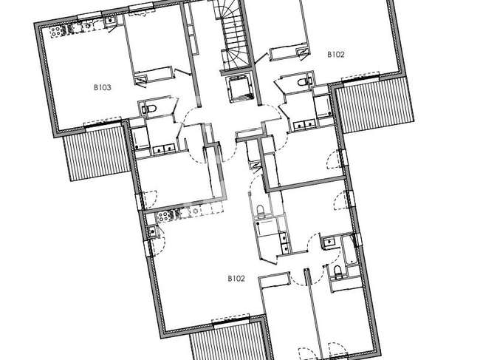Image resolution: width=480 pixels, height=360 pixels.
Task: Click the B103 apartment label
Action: (102, 88)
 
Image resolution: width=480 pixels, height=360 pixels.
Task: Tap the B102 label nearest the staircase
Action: (336, 55)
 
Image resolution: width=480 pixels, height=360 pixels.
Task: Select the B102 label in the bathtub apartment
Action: (236, 279)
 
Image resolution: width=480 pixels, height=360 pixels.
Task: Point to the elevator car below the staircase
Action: (240, 89)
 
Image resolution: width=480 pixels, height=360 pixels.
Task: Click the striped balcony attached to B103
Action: (96, 152)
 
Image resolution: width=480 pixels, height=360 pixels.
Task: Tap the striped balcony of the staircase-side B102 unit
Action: (374, 106)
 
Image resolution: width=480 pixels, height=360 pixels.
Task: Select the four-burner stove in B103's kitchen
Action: (56, 31)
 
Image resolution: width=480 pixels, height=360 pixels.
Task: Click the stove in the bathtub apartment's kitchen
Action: (163, 217)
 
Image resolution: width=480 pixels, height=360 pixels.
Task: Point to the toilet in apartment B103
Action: (149, 109)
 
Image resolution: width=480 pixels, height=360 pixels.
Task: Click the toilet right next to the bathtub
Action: (337, 272)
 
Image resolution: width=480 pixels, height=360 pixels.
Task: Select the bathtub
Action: (349, 250)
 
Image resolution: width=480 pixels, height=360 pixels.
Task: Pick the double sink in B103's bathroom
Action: (164, 149)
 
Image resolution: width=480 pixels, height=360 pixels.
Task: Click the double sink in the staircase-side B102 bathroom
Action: (304, 125)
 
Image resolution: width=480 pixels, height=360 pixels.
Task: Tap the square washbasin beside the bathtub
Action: (329, 242)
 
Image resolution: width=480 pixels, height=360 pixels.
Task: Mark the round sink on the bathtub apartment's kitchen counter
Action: (195, 211)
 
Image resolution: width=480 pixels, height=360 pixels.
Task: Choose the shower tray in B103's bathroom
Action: (140, 140)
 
